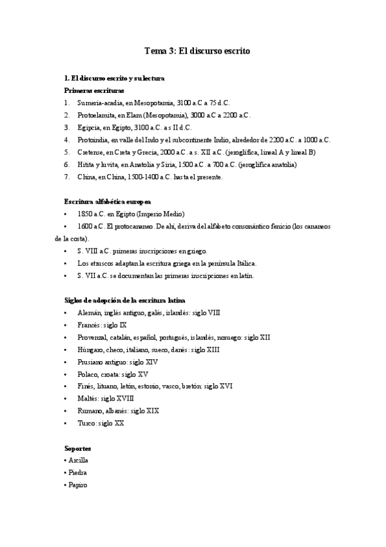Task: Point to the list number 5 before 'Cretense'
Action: tap(67, 152)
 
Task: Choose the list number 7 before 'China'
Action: tap(67, 177)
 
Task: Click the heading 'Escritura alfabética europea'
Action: tap(108, 201)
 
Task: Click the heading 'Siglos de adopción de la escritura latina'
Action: tap(125, 300)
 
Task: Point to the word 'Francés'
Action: tap(89, 324)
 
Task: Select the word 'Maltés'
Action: tap(88, 399)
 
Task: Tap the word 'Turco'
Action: tap(86, 423)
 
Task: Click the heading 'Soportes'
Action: tap(77, 448)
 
